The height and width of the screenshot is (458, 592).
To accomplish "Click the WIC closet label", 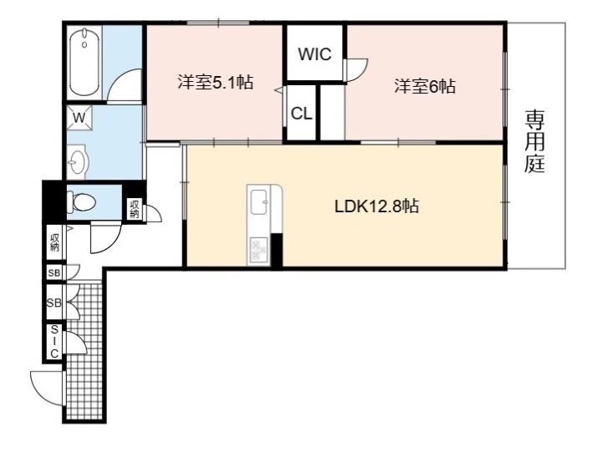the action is click(314, 54).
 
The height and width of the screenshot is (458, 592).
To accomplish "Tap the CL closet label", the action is click(301, 113).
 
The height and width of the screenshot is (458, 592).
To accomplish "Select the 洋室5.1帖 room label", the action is click(215, 82).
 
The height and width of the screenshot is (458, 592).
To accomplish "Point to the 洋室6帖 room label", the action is click(425, 86).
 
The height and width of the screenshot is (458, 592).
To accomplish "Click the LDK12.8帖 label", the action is click(376, 206).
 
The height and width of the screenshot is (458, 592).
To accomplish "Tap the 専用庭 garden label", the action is click(534, 140).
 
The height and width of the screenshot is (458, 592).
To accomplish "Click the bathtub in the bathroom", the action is click(84, 62).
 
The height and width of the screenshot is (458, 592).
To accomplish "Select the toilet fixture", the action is click(81, 201).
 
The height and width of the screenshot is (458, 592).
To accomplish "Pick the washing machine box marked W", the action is click(79, 118).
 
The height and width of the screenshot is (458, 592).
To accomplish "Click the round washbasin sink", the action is click(77, 162).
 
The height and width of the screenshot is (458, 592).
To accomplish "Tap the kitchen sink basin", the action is click(259, 201).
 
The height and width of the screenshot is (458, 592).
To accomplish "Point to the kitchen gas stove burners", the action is click(259, 249).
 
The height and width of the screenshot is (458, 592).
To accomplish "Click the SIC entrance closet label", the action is click(54, 342).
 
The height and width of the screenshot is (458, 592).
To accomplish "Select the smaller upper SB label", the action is click(54, 272).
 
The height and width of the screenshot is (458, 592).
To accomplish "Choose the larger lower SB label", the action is click(54, 303).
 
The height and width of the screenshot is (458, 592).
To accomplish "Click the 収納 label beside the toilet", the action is click(135, 210).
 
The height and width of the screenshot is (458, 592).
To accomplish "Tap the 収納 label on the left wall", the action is click(54, 242).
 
